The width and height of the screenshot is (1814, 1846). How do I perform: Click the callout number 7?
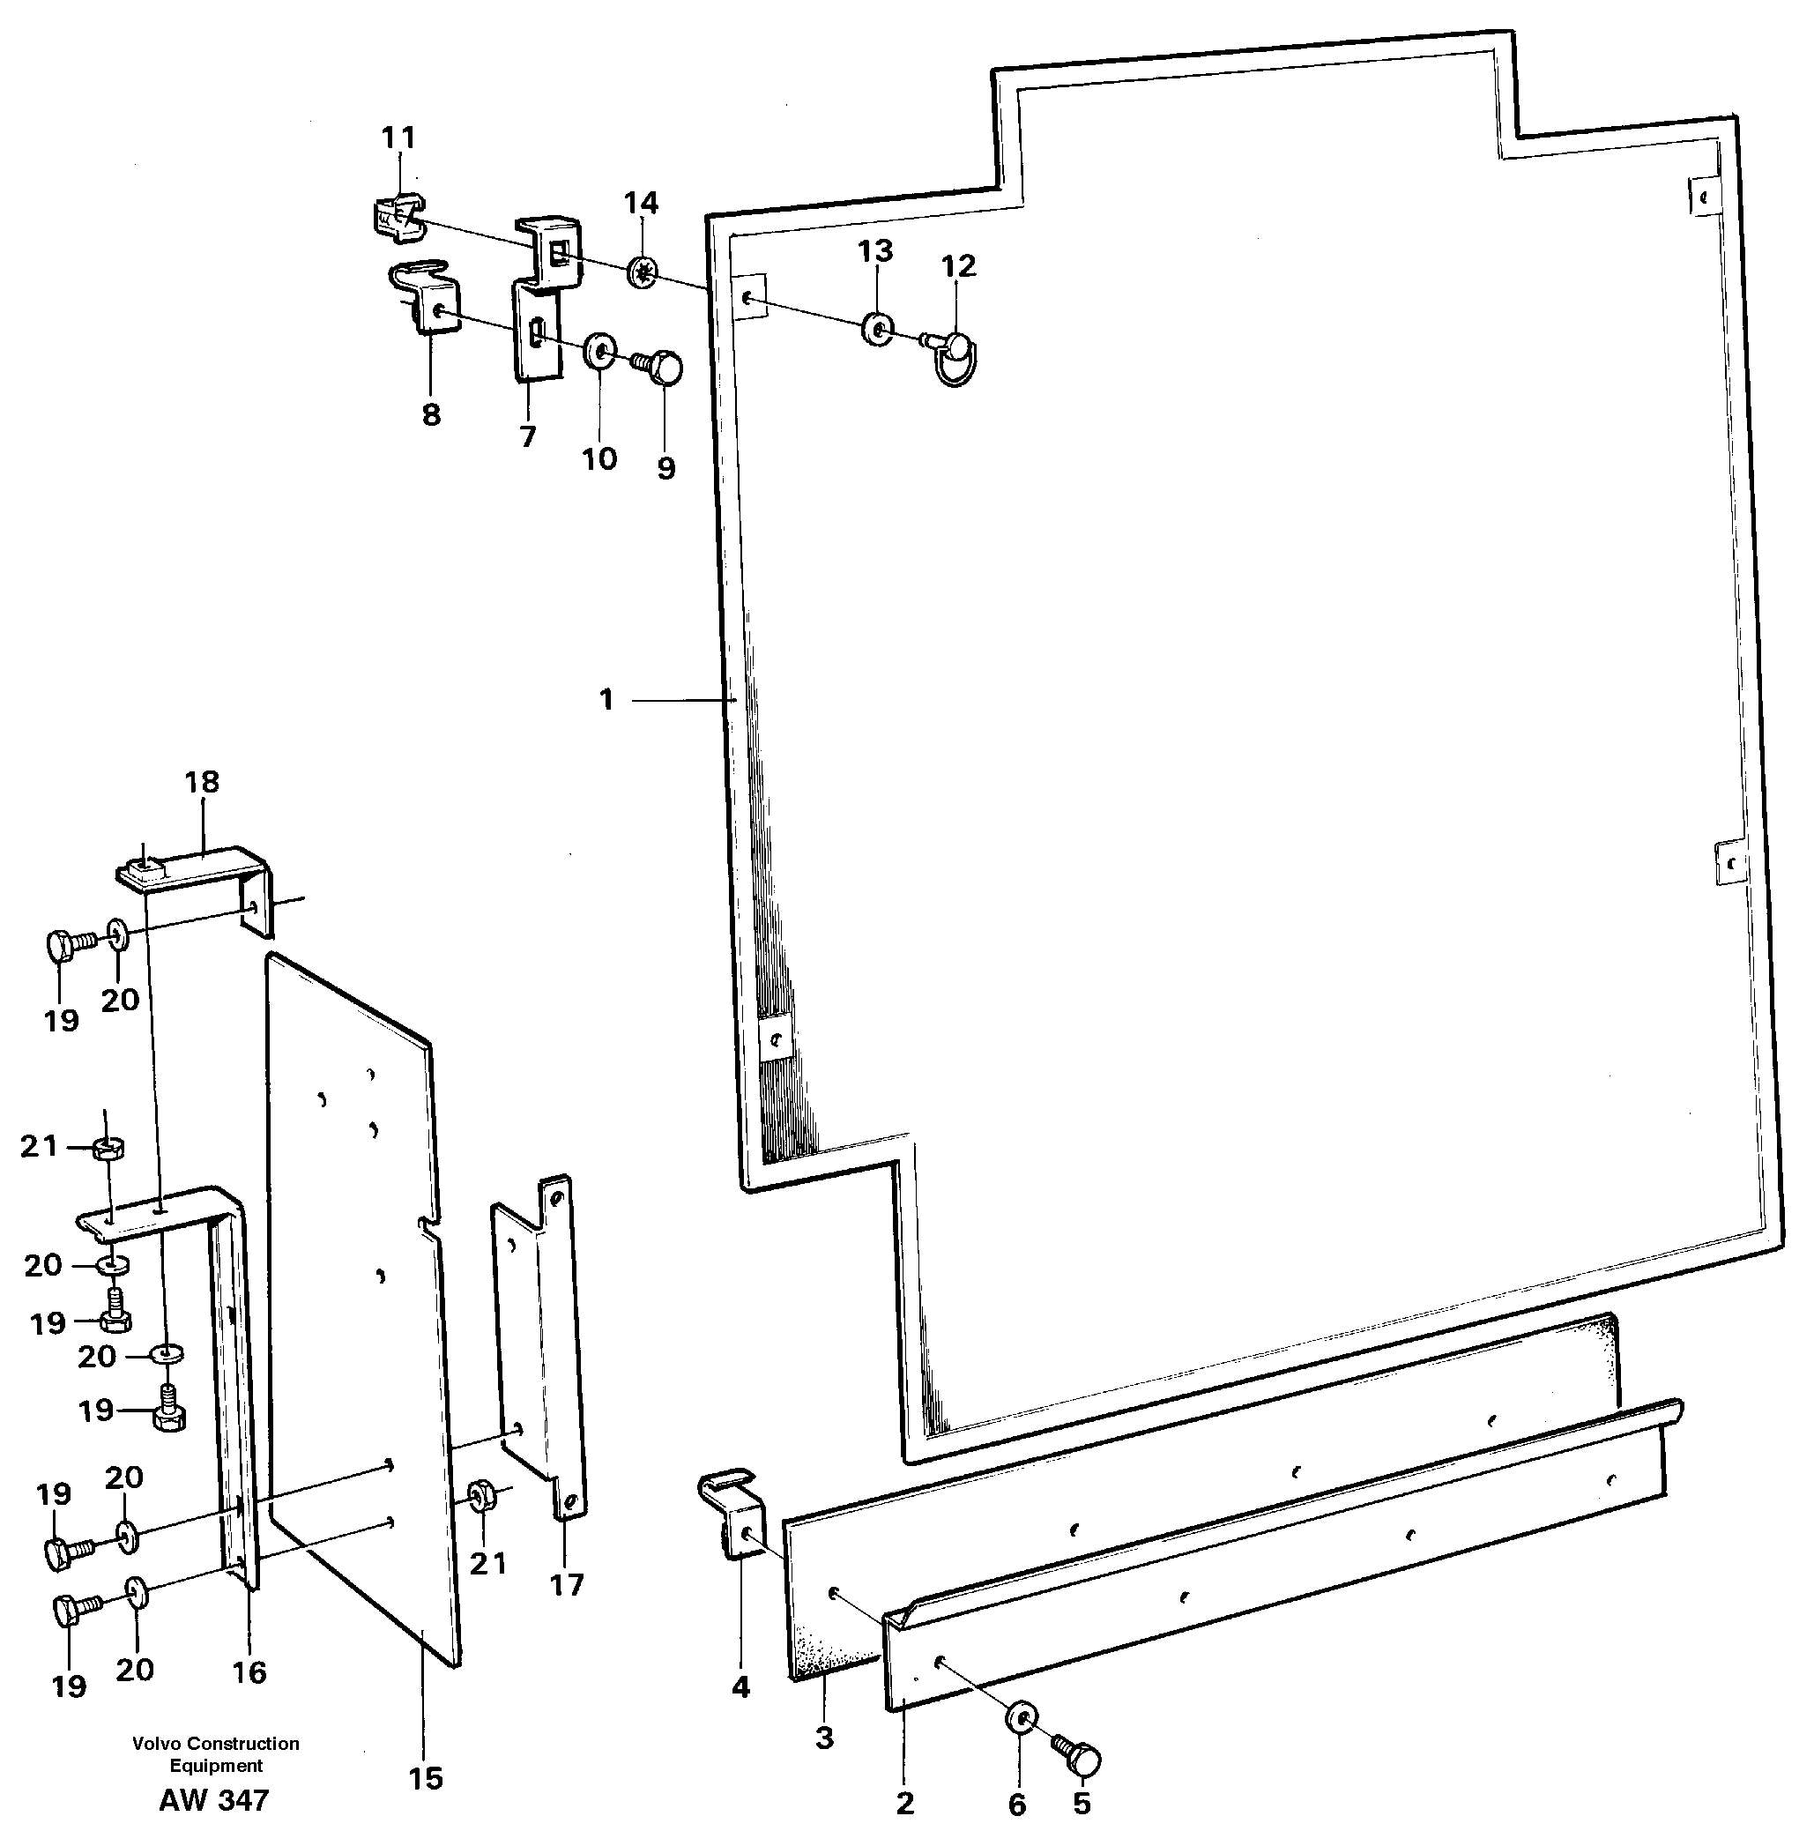[x=528, y=435]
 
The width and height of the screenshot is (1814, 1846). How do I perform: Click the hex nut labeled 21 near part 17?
[x=482, y=1493]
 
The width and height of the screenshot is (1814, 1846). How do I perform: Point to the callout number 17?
[x=566, y=1585]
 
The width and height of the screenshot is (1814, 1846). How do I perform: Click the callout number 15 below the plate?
[x=426, y=1778]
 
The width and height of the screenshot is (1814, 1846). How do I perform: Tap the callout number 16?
[x=249, y=1671]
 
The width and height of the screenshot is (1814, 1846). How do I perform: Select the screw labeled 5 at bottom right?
[x=1079, y=1751]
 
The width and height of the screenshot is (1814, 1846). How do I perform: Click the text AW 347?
[x=214, y=1800]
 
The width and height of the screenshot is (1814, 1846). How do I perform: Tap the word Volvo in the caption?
[x=157, y=1743]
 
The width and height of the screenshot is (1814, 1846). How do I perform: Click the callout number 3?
[x=825, y=1738]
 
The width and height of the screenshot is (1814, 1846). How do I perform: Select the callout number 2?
[x=905, y=1802]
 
